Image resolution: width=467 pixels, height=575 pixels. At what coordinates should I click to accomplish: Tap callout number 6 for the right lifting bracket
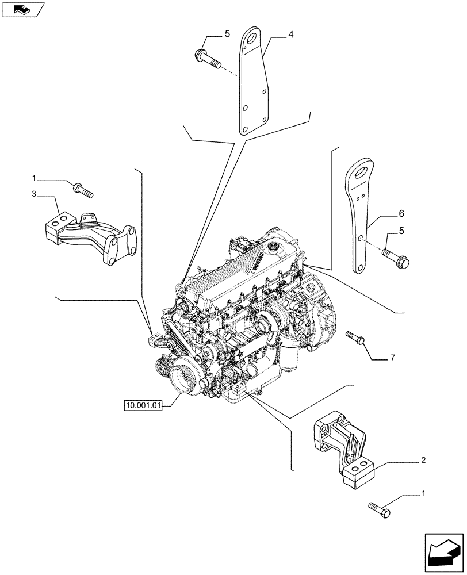401,213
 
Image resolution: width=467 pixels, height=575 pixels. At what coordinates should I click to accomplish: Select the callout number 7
392,358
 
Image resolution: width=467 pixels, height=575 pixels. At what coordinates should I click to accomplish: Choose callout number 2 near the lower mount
423,460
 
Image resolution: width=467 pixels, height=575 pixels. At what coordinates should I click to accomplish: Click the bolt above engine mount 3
83,190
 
